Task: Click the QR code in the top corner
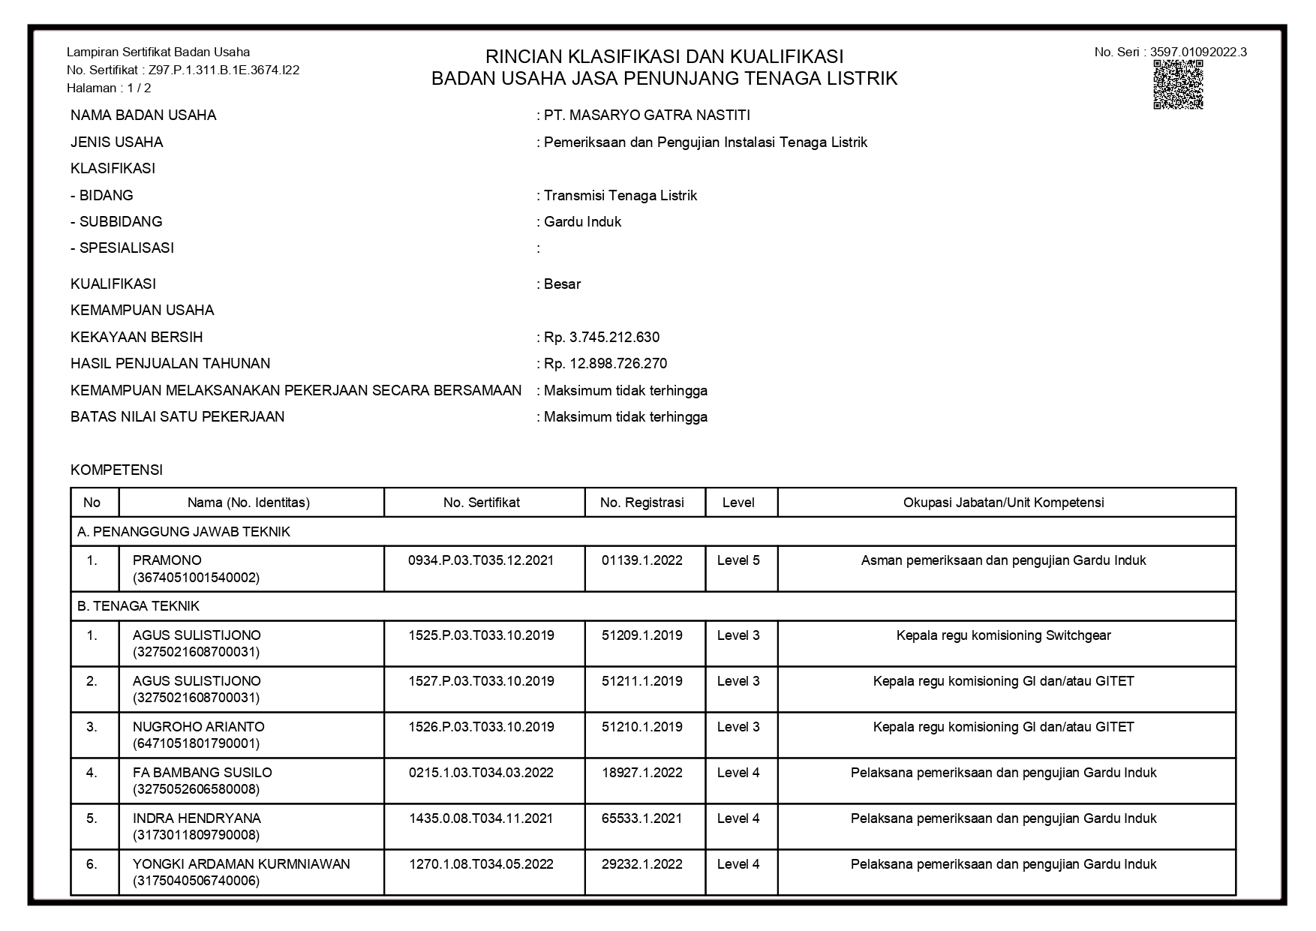(1178, 85)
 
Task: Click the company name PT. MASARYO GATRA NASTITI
(646, 116)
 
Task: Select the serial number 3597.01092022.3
(1198, 52)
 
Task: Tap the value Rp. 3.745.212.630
(601, 338)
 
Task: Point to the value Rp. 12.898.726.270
(605, 364)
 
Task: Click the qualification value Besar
(562, 284)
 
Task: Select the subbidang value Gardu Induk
(582, 222)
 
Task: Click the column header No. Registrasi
(642, 503)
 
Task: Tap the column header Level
(738, 503)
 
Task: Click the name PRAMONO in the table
(167, 560)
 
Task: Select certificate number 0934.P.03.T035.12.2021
(481, 560)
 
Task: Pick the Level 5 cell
(738, 560)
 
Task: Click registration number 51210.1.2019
(642, 727)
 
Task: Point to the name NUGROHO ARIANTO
(199, 727)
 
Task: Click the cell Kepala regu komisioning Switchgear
(1003, 635)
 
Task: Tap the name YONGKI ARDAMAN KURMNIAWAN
(242, 864)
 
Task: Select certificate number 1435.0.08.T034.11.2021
(481, 818)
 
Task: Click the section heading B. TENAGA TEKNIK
(138, 606)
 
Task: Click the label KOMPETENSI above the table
(116, 470)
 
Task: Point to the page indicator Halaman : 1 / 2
(109, 88)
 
